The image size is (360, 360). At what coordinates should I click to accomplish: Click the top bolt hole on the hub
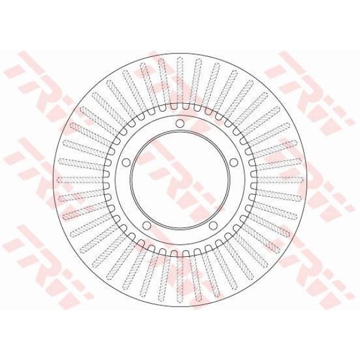coord(180,123)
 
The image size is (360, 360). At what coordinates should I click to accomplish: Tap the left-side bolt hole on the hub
coord(126,163)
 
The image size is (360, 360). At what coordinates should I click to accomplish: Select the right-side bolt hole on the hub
coord(234,163)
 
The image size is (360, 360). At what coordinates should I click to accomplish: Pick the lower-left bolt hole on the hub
coord(146,226)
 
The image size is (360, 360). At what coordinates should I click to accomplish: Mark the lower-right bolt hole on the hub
coord(213,226)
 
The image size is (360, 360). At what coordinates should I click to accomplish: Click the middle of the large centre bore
coord(180,180)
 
